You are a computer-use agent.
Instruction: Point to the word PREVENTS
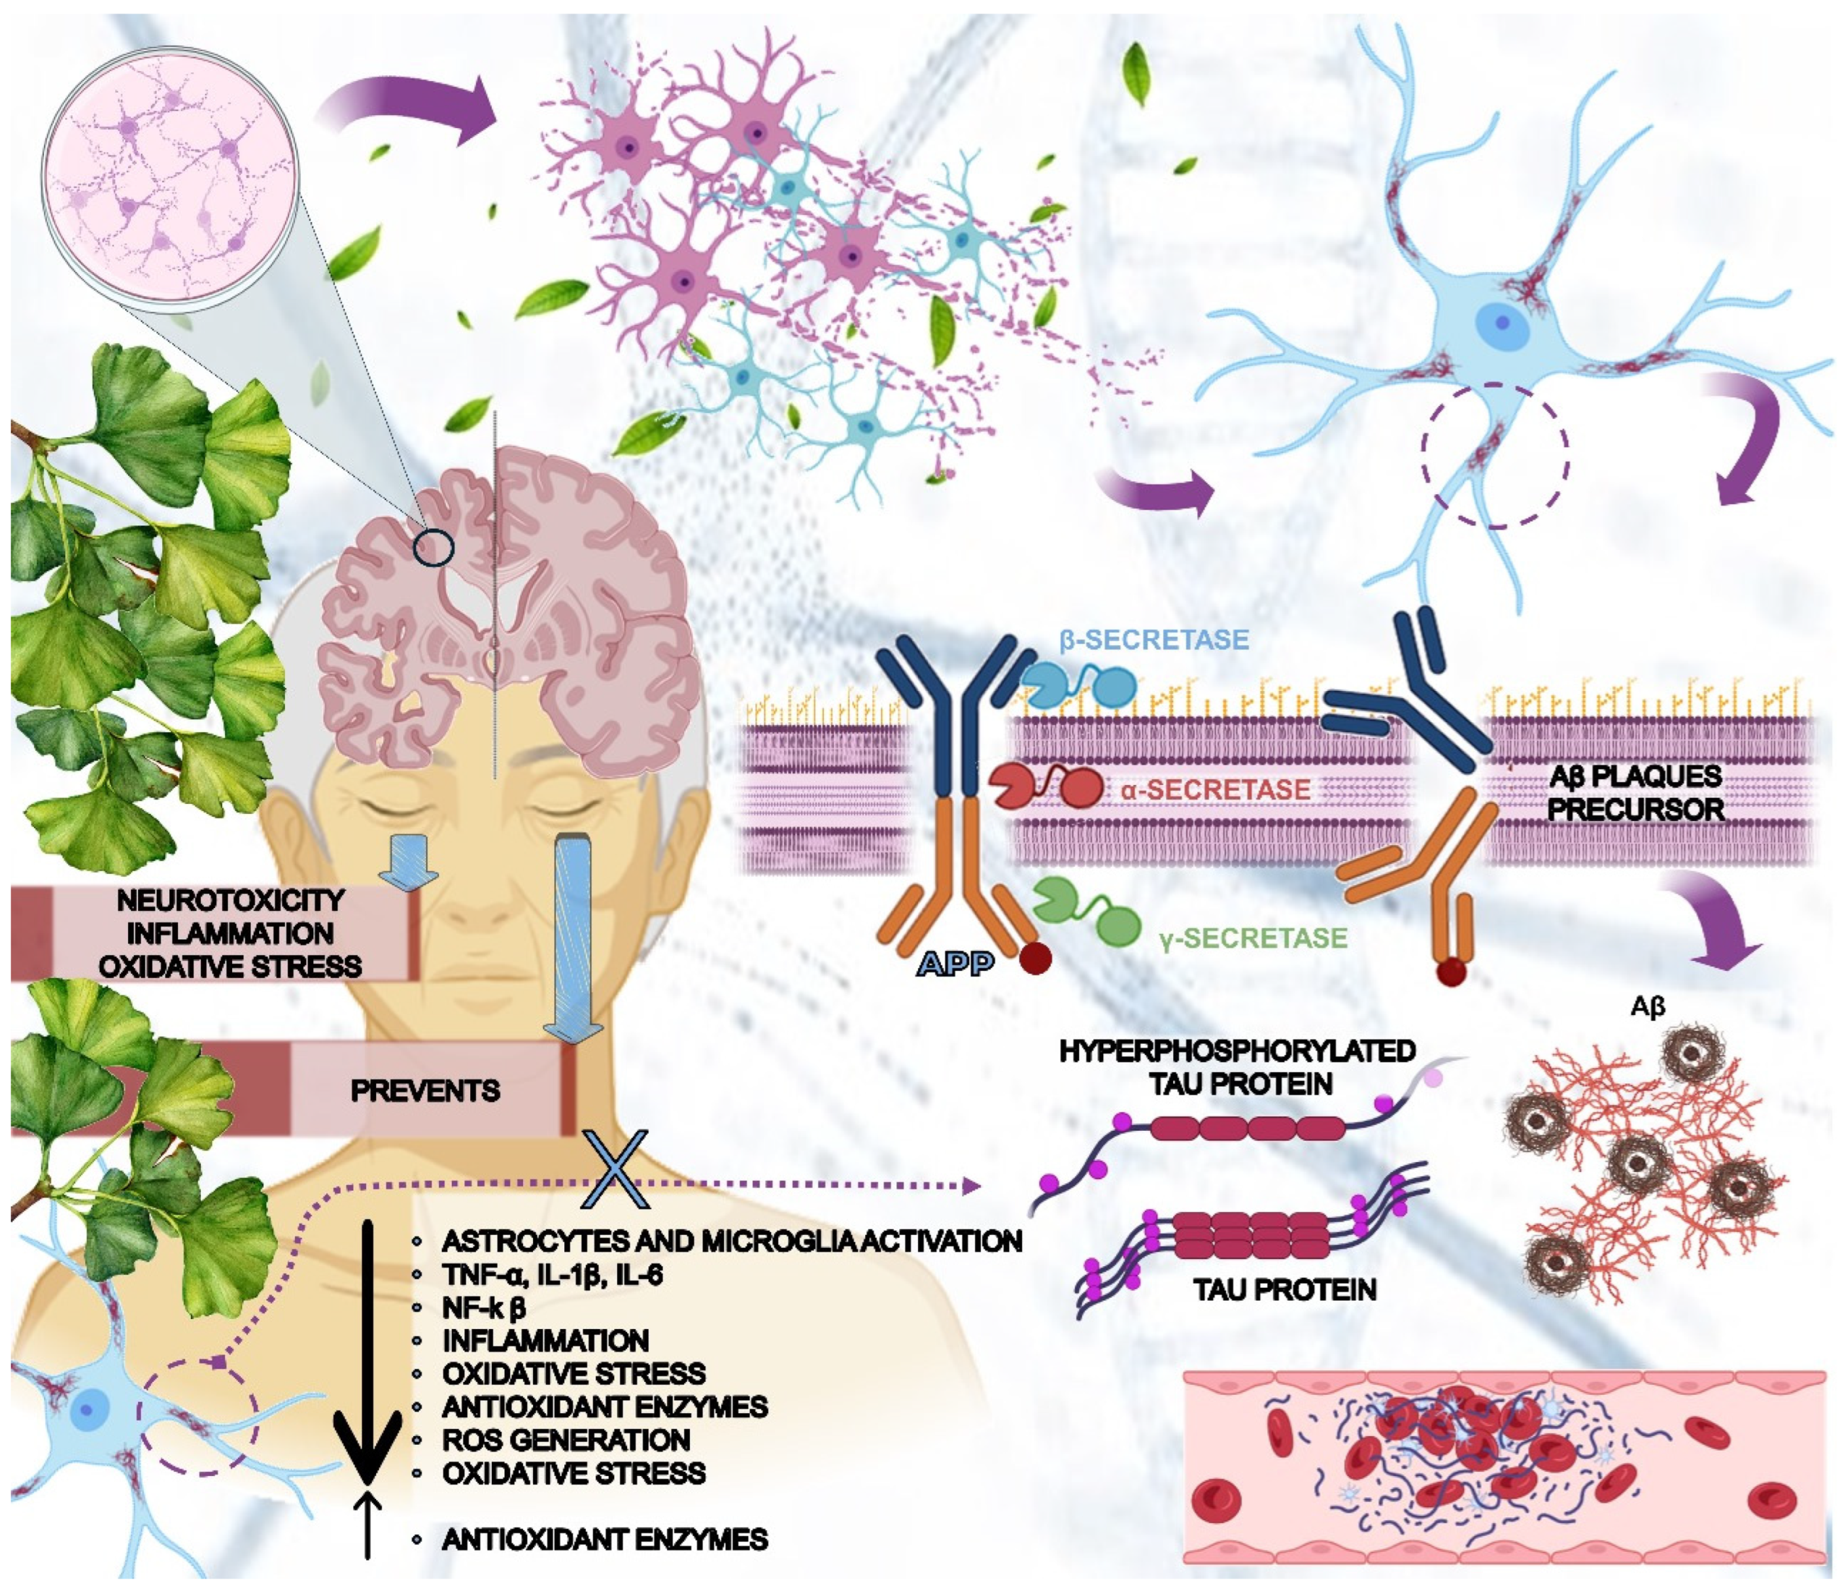(x=426, y=1090)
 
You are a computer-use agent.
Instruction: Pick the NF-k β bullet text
(x=484, y=1308)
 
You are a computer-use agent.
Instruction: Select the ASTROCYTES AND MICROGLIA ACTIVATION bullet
(x=732, y=1241)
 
